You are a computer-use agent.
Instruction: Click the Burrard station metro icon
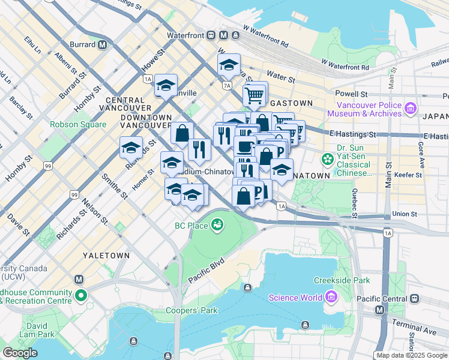tap(103, 44)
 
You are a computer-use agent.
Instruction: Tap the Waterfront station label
tap(185, 35)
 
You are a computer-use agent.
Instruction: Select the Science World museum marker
tap(330, 297)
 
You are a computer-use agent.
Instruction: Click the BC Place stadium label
tap(191, 226)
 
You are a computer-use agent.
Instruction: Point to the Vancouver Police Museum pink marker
tap(411, 109)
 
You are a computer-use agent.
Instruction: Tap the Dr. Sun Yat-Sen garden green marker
tap(328, 159)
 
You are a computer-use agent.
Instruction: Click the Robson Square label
tap(78, 125)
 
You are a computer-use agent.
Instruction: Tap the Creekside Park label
tap(342, 280)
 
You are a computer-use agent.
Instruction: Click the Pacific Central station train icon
tap(414, 298)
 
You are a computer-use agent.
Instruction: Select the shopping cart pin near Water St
tap(255, 95)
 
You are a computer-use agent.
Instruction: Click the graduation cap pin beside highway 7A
tap(228, 65)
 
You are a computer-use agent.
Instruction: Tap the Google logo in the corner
tap(20, 353)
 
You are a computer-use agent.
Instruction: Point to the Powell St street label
tap(351, 94)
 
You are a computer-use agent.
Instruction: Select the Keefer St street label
tap(410, 175)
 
